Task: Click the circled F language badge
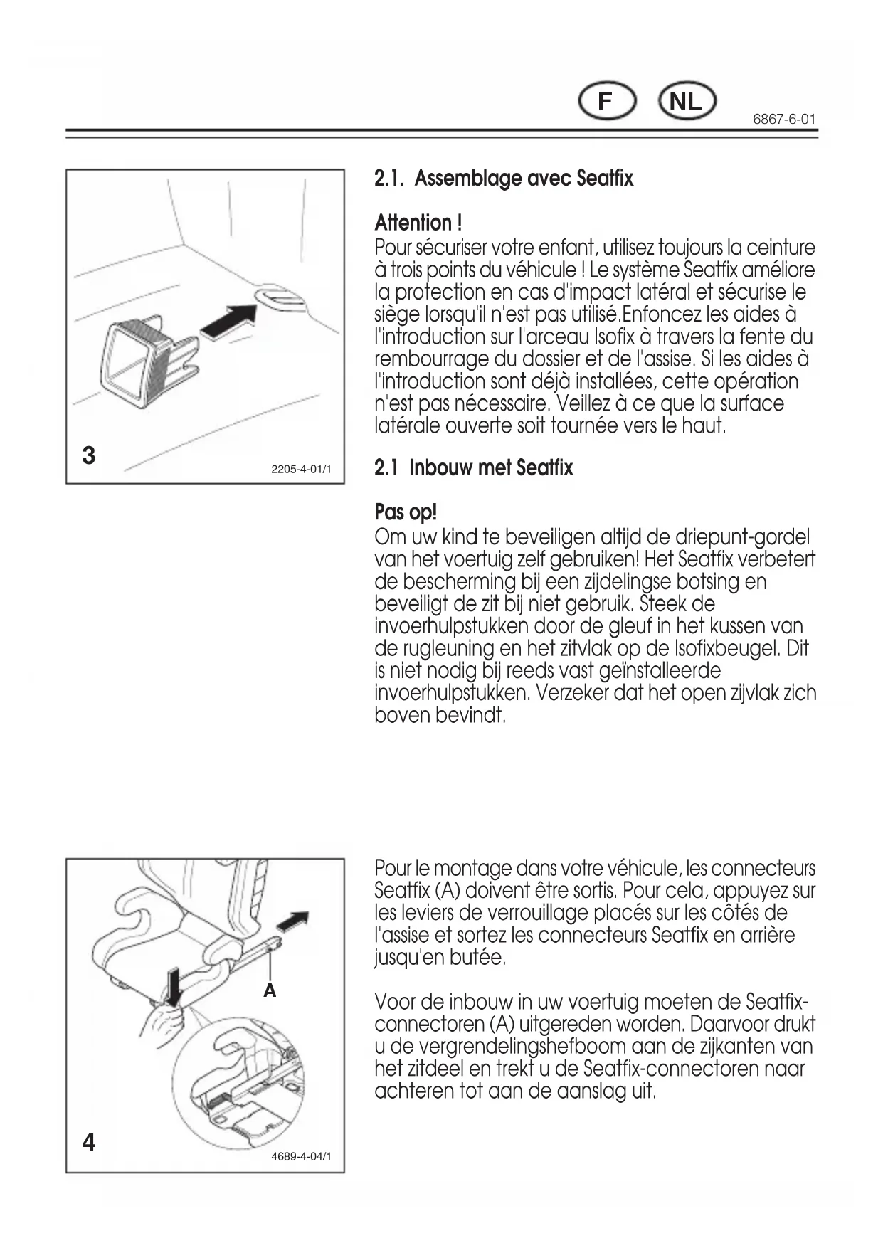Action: [605, 102]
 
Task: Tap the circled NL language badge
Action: [686, 102]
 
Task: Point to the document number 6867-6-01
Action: [784, 120]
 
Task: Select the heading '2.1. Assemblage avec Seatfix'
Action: [504, 178]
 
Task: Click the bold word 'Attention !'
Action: [418, 223]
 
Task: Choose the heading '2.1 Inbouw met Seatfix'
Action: [473, 468]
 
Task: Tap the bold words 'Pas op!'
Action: [406, 512]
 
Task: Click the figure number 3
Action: [89, 455]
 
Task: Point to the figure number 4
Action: [89, 1143]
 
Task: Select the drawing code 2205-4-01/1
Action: [301, 470]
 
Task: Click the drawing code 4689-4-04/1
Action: [301, 1157]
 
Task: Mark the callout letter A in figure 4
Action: [270, 990]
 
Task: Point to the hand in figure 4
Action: [162, 1025]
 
